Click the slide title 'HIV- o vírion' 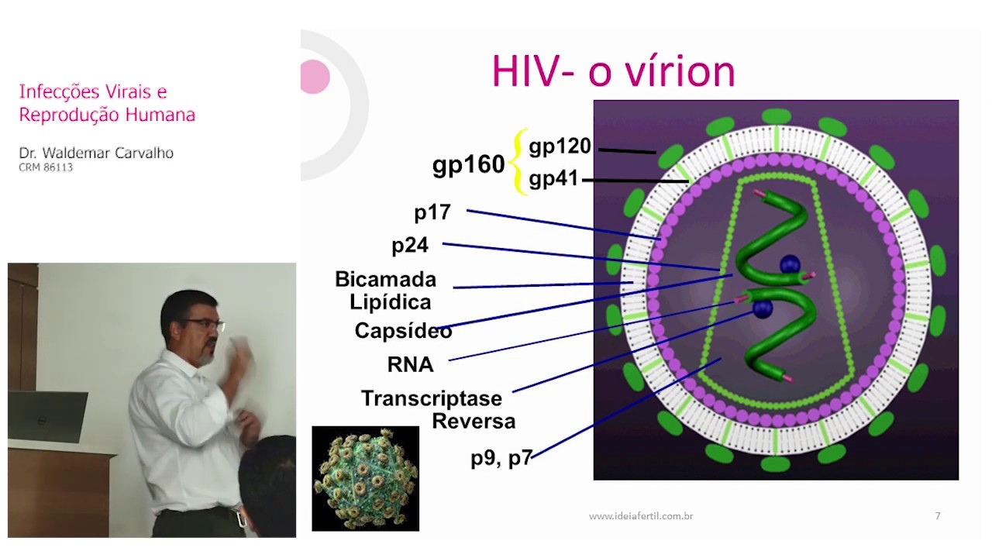613,72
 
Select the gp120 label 560,146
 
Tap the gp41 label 553,179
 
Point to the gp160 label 468,164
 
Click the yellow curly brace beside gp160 520,162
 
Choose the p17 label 432,212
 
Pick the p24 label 410,246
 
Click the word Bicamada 385,279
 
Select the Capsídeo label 403,331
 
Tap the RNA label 410,364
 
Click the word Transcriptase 432,398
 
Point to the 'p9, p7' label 501,458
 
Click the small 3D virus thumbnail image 365,478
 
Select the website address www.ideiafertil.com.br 641,515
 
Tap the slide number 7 938,515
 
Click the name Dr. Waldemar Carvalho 96,153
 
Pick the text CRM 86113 46,167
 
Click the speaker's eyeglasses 205,324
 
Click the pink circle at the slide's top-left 315,77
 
